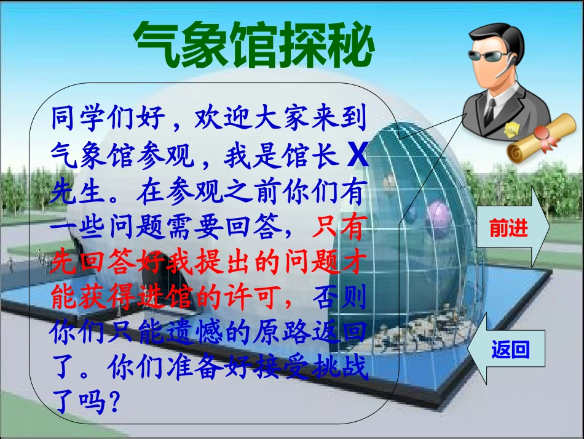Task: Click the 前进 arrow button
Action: coord(510,228)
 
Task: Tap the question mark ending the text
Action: coord(111,404)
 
